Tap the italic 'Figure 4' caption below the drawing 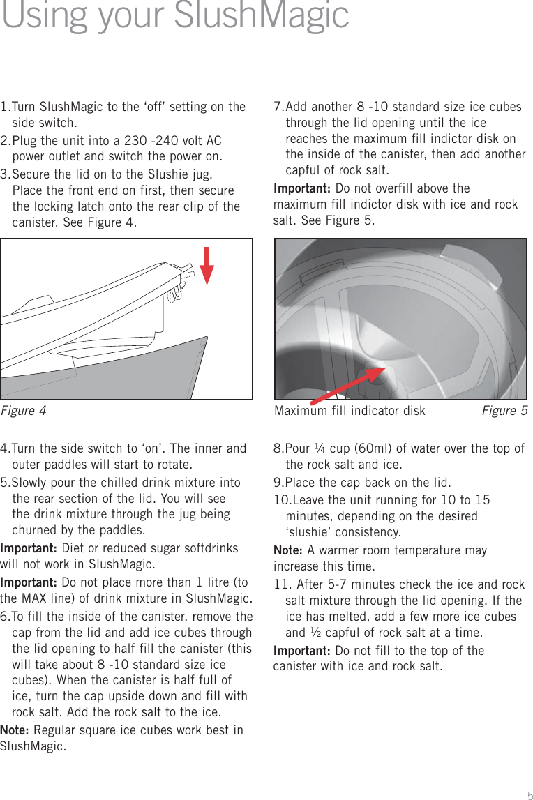tap(24, 411)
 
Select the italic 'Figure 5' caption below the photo tap(504, 411)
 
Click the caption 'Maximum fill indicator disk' tap(350, 411)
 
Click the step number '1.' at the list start tap(6, 107)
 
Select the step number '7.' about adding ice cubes tap(279, 107)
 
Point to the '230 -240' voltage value tap(149, 142)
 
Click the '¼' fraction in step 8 tap(320, 448)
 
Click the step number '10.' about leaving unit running tap(282, 501)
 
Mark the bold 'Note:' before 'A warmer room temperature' tap(288, 550)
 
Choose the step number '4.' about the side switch tap(6, 448)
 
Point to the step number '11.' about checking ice tap(282, 584)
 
